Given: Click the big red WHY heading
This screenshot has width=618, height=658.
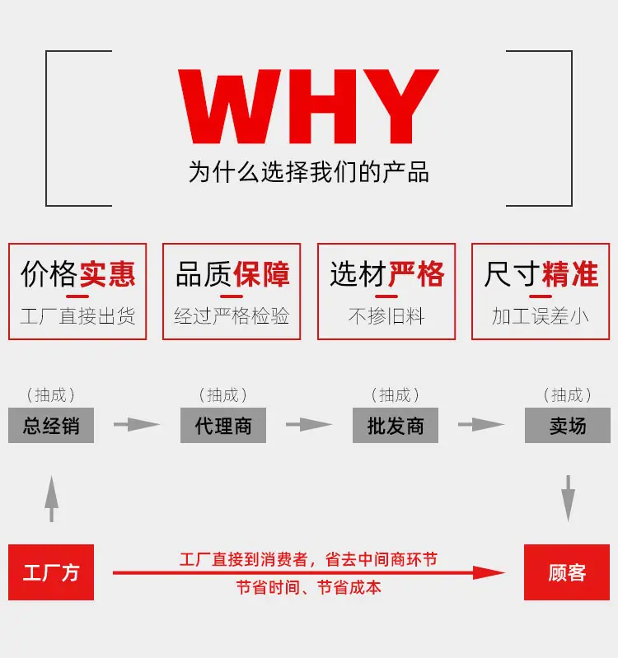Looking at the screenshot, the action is point(308,106).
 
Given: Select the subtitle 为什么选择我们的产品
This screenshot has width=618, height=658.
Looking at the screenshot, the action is point(308,172).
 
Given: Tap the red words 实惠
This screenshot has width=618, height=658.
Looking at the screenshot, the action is point(107,274).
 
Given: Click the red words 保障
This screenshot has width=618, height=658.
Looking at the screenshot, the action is point(261,274).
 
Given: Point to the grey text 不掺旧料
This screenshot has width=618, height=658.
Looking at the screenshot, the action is point(386,316).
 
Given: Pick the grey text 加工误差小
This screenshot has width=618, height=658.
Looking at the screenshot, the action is point(541,316).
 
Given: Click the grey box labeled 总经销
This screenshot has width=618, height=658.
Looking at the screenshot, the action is point(51,425).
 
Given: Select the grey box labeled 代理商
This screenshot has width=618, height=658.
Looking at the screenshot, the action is point(223,425).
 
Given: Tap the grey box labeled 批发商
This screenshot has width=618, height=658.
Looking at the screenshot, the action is point(396,425).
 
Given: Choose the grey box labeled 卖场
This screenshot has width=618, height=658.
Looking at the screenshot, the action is point(568,425).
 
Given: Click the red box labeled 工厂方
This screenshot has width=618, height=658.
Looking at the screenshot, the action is point(51,572).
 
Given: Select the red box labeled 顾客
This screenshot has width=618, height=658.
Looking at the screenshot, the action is point(567,572).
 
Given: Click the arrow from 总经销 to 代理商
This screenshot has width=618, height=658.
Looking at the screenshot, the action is point(137,424).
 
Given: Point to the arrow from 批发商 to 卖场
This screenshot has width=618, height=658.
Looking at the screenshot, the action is point(481,424).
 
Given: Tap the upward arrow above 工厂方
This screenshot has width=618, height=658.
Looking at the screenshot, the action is point(52,499).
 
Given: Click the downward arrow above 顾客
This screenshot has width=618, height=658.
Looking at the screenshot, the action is point(568,498).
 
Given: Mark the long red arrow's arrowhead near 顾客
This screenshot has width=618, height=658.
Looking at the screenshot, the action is point(489,572).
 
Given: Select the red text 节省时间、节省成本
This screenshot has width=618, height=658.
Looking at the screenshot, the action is point(308,587).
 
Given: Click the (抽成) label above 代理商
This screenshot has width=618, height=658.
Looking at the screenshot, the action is point(223,395).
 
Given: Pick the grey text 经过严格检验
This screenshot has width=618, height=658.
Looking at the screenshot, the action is point(232,316).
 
